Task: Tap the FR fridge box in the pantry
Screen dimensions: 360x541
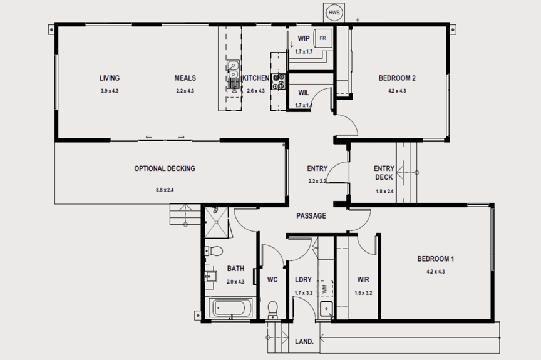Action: (322, 38)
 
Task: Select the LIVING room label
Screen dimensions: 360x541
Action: (110, 78)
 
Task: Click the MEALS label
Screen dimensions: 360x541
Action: (185, 78)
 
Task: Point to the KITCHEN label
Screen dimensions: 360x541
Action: (255, 78)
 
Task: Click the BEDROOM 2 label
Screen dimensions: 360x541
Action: (397, 78)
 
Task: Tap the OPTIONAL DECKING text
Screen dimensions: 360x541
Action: (165, 168)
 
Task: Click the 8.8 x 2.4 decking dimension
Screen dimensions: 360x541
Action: (165, 190)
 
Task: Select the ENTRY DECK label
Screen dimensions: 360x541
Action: (384, 173)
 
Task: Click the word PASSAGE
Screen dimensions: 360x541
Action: (311, 216)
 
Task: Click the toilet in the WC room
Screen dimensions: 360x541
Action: (272, 309)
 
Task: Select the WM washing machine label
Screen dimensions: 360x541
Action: (324, 290)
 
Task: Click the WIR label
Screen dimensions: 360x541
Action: (363, 279)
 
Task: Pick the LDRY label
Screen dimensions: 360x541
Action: (304, 279)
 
